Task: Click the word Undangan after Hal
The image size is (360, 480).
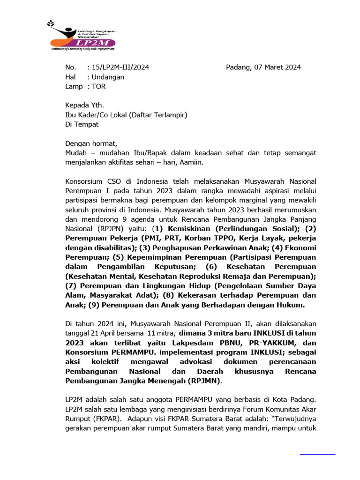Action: [107, 77]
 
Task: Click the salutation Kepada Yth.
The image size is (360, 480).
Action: [84, 105]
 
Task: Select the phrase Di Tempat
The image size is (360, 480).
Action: [82, 124]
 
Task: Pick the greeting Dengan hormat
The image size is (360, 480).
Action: [91, 143]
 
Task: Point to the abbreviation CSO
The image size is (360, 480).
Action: [116, 181]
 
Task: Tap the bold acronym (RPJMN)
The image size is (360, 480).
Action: [203, 381]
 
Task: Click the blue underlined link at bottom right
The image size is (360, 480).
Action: [317, 454]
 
